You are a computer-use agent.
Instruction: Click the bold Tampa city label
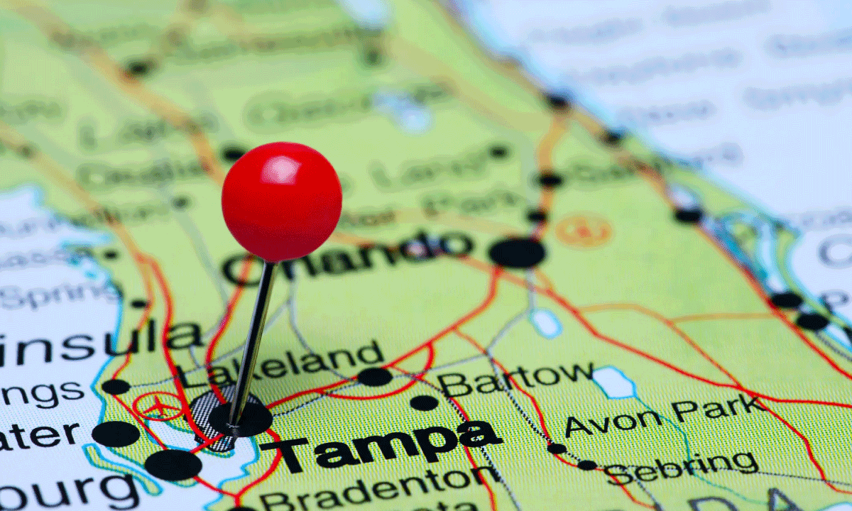point(381,446)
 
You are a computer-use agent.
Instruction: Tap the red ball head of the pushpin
point(282,202)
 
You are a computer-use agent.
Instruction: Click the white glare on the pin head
point(281,170)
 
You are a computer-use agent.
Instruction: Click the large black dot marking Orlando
point(517,253)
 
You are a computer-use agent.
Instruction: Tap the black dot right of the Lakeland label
point(375,377)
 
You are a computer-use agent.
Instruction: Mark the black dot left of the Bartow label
point(424,402)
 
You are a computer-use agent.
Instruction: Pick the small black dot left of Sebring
point(587,465)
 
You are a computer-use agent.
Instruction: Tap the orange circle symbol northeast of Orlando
point(584,230)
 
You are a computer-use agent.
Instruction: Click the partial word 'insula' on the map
point(100,344)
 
